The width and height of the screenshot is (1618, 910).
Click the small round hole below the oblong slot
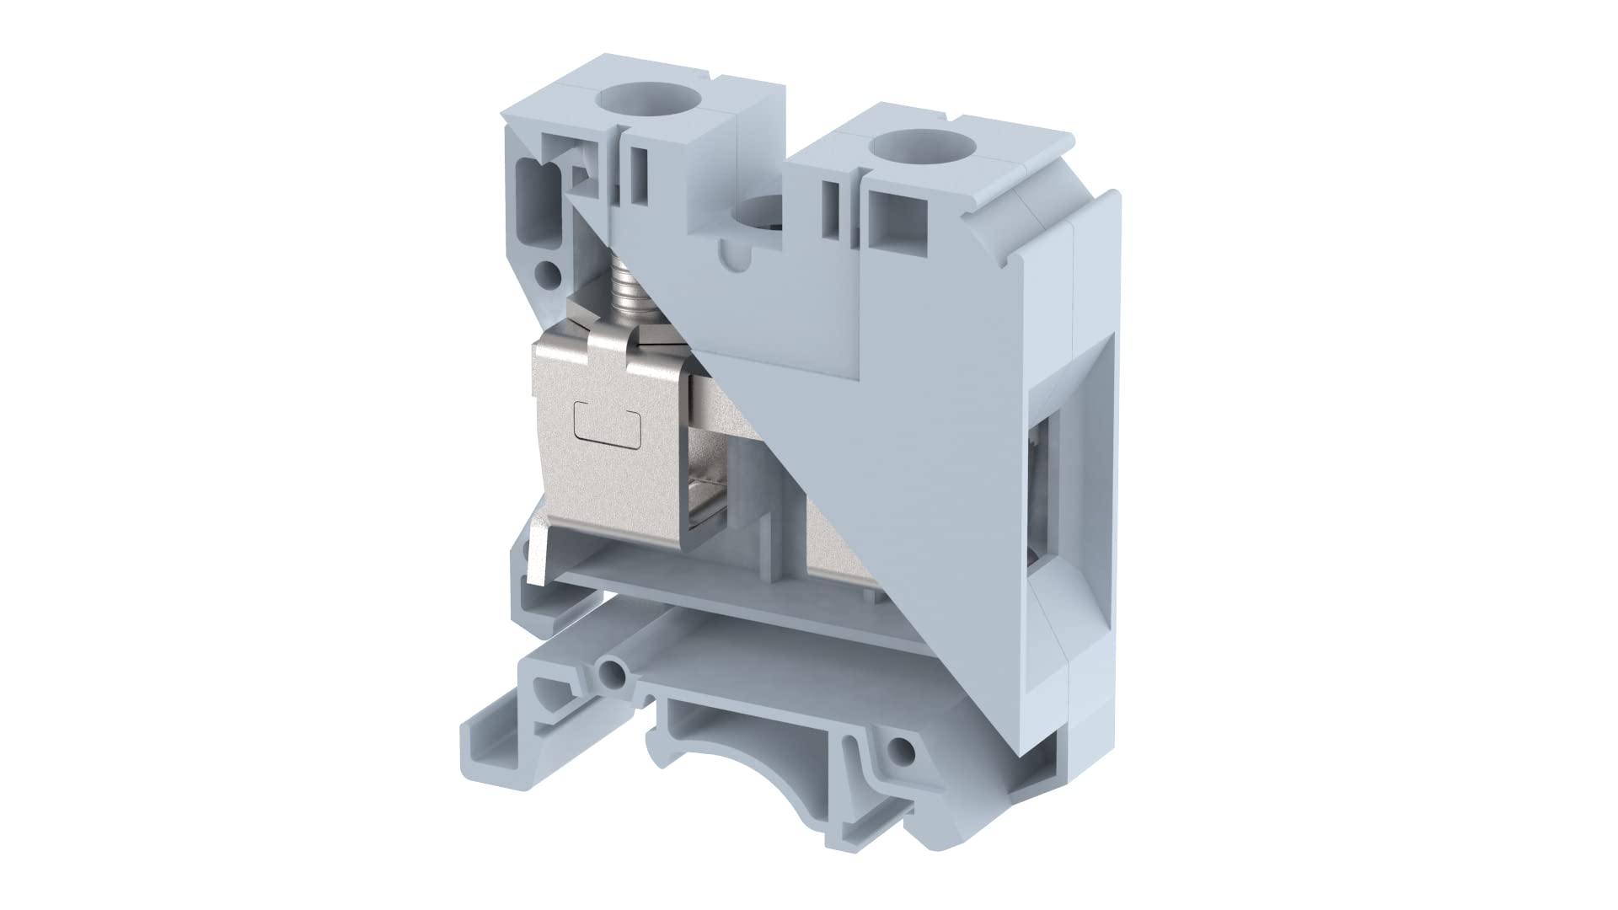(x=549, y=272)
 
